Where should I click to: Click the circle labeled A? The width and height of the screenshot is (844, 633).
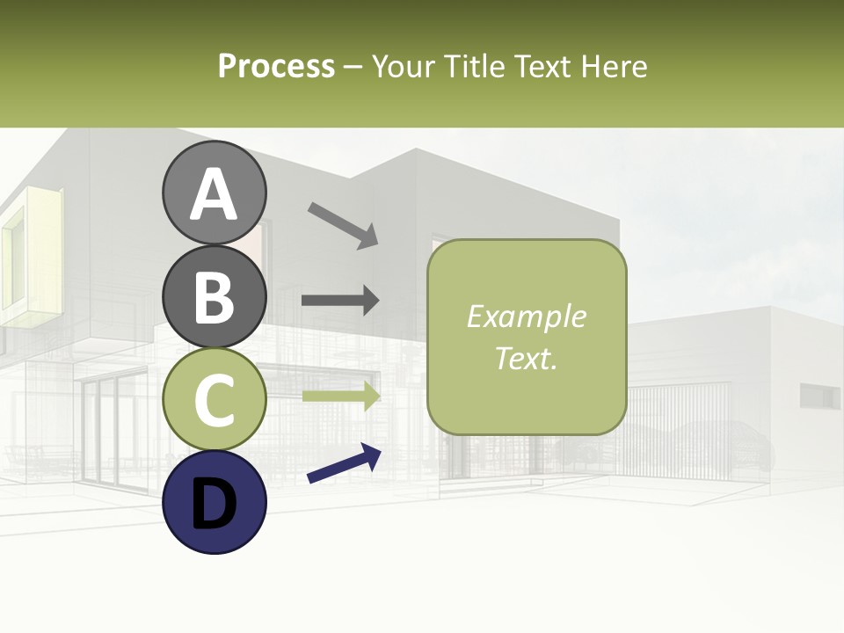(x=214, y=193)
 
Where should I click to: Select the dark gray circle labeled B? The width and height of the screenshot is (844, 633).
(x=214, y=296)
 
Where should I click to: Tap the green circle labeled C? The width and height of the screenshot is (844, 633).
(x=214, y=399)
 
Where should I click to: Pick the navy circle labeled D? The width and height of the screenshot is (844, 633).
(x=214, y=502)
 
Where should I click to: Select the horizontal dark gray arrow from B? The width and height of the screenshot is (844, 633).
(x=340, y=300)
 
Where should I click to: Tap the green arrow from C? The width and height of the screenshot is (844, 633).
(x=340, y=396)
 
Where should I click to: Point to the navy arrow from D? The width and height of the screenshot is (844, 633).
(x=344, y=463)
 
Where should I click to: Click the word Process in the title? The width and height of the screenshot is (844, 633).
(x=276, y=66)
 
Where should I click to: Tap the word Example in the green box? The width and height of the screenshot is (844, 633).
(x=526, y=316)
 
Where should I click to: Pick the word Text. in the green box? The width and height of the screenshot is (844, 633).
(x=526, y=358)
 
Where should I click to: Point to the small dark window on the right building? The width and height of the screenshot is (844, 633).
(x=819, y=397)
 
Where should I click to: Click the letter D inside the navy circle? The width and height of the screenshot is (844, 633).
(x=214, y=504)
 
